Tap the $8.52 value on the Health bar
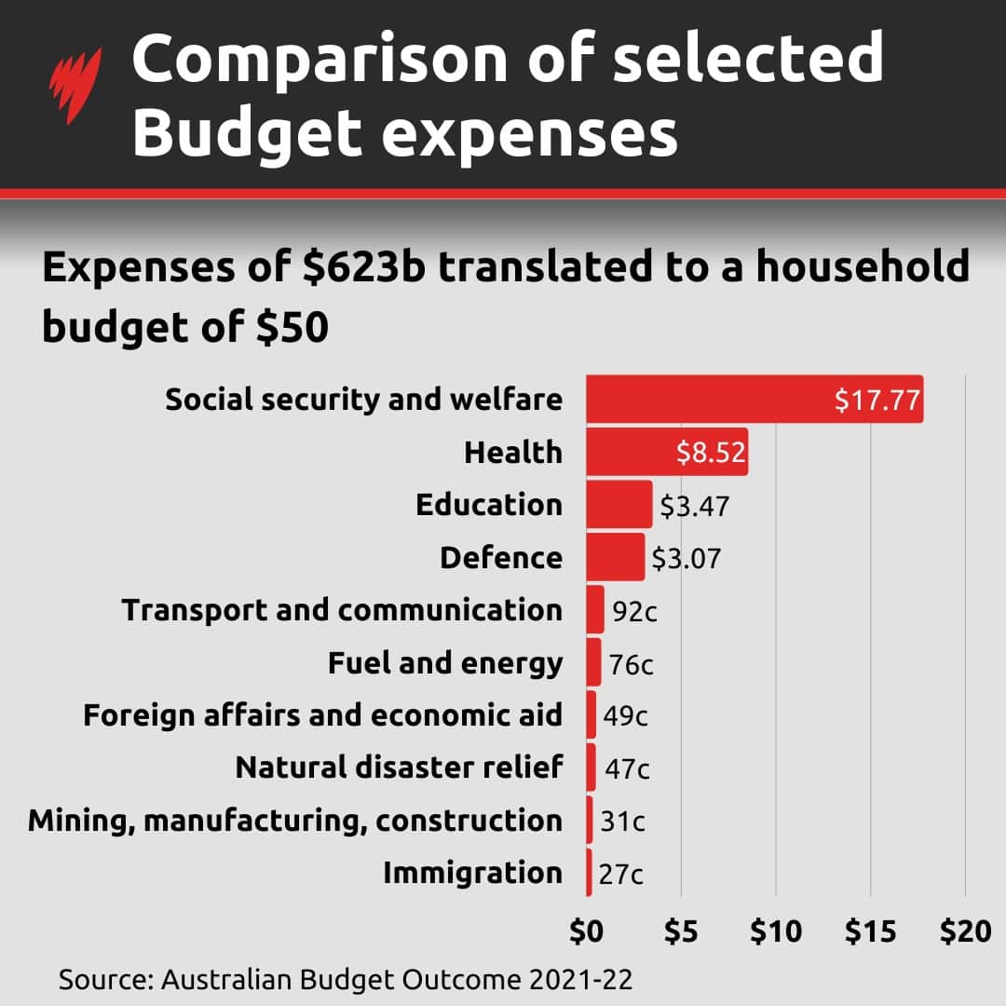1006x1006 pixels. coord(711,454)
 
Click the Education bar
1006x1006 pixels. coord(619,505)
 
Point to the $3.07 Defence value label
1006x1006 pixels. coord(686,559)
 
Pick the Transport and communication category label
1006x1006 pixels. coord(342,610)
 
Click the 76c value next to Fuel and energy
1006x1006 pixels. coord(631,665)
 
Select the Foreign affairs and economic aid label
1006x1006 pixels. coord(322,715)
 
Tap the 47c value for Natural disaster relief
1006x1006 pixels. coord(627,769)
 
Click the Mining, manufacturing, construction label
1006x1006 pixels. coord(294,821)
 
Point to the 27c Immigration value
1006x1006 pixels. coord(620,875)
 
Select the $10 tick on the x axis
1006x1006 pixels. coord(775,932)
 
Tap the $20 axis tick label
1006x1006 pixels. coord(965,932)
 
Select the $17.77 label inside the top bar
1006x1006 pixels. coord(877,401)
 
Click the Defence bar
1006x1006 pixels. coord(615,557)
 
